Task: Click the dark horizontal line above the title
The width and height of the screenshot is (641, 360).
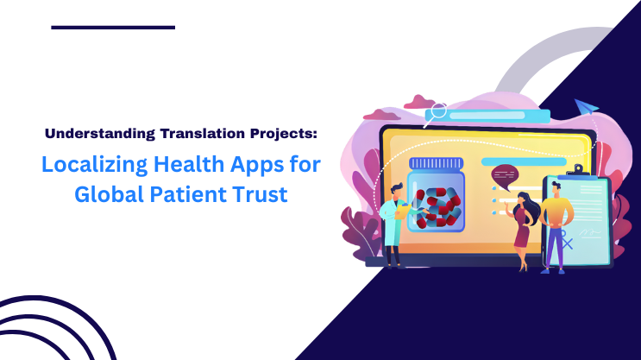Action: click(113, 28)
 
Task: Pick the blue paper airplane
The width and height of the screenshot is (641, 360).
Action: click(588, 107)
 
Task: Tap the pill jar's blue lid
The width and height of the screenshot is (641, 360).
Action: click(436, 163)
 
